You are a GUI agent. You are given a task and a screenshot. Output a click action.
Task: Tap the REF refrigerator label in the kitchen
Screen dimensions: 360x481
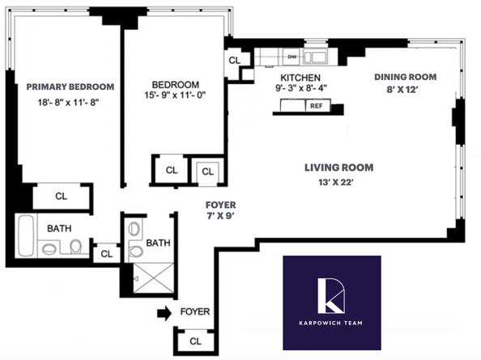tap(316, 106)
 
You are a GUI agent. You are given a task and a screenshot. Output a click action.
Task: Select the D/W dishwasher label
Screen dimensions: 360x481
tap(292, 57)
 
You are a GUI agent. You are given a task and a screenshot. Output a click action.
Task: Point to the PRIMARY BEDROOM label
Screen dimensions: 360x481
tap(70, 87)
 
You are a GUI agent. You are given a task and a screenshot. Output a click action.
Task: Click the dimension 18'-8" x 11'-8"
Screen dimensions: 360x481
tap(70, 102)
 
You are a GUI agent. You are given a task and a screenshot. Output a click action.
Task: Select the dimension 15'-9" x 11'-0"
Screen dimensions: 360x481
tap(176, 100)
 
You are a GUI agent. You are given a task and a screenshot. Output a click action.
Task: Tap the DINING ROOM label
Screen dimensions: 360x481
tap(405, 77)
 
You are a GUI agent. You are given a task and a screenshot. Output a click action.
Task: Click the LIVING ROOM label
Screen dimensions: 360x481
tap(338, 168)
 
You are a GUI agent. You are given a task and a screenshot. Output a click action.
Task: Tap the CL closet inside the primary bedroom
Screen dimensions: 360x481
tap(62, 196)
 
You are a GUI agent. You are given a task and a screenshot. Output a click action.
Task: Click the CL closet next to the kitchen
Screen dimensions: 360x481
tap(235, 61)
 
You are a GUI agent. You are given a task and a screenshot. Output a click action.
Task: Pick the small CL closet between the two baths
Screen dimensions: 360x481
tap(104, 254)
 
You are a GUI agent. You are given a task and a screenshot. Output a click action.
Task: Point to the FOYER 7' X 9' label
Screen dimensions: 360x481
tap(220, 211)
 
